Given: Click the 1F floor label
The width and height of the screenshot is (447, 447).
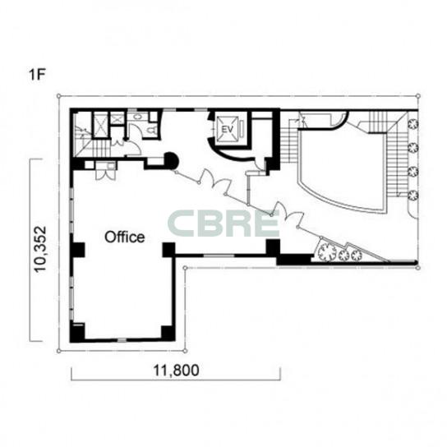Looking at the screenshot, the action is [x=37, y=75].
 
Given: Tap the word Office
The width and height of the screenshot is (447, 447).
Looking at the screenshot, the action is [x=125, y=237].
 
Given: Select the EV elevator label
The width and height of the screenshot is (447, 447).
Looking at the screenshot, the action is [x=228, y=130].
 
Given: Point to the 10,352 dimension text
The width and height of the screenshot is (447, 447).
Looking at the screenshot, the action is [x=40, y=249].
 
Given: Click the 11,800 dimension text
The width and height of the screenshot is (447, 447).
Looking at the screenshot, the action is [x=176, y=371].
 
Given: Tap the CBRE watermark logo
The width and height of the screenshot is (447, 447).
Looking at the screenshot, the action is [x=223, y=223].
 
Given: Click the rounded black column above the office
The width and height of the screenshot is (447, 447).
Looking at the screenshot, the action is [x=172, y=161].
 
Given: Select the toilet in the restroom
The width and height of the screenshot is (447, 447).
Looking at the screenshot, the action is [x=151, y=131].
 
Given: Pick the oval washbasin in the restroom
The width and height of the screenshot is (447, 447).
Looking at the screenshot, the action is [x=138, y=117].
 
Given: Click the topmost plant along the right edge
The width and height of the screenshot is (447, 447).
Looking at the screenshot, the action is [x=413, y=124].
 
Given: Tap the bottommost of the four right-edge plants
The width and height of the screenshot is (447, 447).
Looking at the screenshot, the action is [x=413, y=196].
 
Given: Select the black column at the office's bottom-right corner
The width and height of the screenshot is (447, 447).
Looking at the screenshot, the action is [x=168, y=333].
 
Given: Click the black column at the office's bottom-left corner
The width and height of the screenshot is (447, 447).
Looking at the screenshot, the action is [x=77, y=333].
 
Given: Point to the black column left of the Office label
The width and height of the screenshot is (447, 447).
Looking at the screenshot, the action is [x=77, y=250].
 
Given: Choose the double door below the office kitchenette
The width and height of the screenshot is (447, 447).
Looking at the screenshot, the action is [x=106, y=175].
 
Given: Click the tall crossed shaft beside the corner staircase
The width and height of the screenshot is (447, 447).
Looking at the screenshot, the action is [x=100, y=125].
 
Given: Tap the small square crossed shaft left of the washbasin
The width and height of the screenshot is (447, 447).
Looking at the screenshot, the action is [x=118, y=118].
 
